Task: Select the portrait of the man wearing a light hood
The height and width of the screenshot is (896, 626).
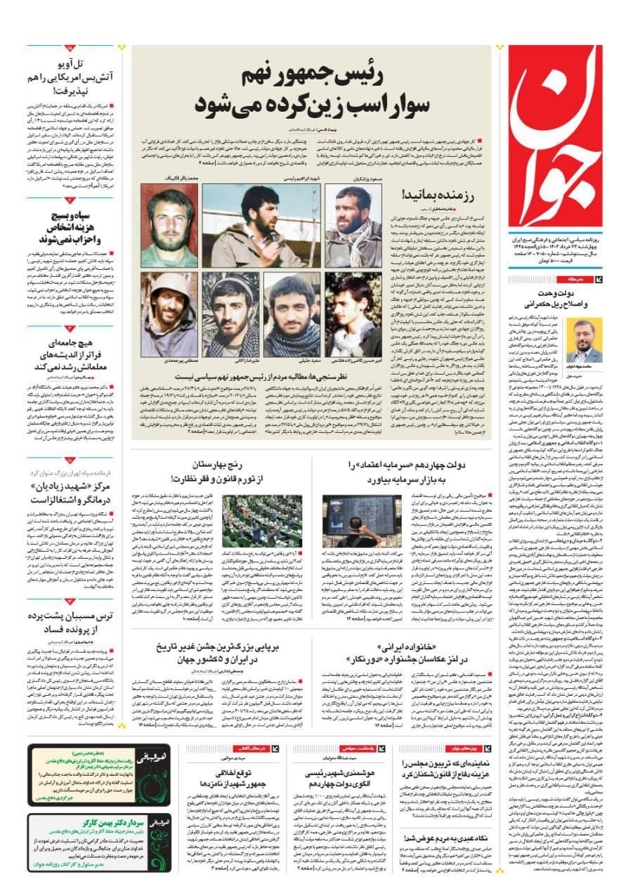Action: pos(168,314)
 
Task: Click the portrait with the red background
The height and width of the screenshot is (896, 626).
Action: pos(169,226)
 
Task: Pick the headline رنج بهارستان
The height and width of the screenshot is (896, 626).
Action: pos(223,471)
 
